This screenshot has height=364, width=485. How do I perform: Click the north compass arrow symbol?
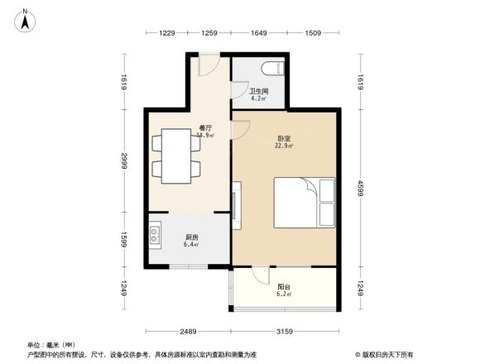tap(25, 19)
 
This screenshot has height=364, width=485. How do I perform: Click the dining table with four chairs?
tap(175, 155)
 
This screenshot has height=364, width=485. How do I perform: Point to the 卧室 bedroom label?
tap(284, 141)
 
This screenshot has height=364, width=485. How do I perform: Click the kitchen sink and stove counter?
tap(155, 238)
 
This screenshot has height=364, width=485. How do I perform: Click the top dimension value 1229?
tap(168, 32)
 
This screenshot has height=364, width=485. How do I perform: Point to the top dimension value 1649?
tap(259, 32)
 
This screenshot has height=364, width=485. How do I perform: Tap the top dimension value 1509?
tap(312, 32)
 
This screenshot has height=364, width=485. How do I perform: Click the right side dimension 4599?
tap(362, 188)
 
